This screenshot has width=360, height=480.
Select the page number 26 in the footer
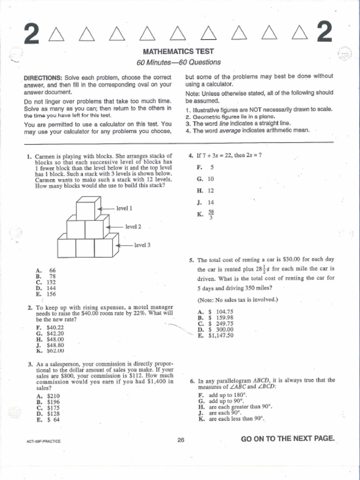180,440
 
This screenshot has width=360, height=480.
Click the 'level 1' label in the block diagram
124,208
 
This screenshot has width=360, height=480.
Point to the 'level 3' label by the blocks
142,245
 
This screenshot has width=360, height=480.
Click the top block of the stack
88,209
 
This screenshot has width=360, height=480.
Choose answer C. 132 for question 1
46,282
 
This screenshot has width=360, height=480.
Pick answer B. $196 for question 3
47,402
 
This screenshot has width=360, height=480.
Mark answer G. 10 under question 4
205,179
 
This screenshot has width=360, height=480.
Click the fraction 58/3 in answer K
211,214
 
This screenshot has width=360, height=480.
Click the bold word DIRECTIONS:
43,77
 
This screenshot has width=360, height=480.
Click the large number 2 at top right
324,33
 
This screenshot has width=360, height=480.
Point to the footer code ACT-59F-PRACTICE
44,441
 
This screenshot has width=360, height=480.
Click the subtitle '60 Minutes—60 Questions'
178,62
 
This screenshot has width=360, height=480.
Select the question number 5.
192,260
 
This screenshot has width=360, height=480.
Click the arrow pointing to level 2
114,226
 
